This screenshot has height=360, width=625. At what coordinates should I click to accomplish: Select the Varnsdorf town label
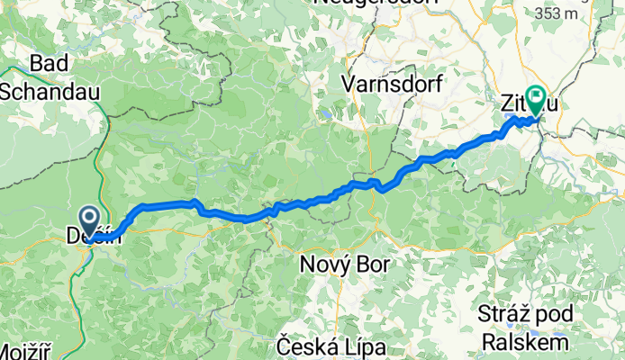pyautogui.click(x=389, y=85)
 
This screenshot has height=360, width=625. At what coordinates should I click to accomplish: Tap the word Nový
pyautogui.click(x=325, y=267)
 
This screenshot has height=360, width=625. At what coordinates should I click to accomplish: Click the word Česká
pyautogui.click(x=310, y=346)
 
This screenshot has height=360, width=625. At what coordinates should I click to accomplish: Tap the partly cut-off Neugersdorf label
pyautogui.click(x=376, y=4)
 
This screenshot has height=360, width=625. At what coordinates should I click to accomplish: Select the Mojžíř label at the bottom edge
pyautogui.click(x=30, y=352)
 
